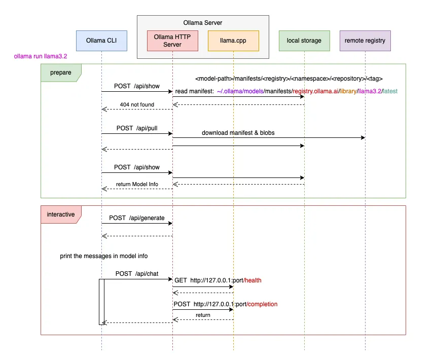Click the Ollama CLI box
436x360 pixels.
(101, 41)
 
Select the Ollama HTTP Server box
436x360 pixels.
(172, 41)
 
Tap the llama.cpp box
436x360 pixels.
(233, 41)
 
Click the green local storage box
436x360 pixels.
(304, 41)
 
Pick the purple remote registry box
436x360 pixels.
(365, 41)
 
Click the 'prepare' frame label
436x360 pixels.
(60, 73)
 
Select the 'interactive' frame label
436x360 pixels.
(61, 214)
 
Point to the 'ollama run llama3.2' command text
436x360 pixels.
(41, 57)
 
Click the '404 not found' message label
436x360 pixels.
(137, 104)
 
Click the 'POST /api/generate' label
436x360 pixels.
(137, 218)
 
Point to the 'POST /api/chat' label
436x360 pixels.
(137, 274)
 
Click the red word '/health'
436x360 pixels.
(252, 280)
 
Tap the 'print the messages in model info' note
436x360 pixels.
(104, 256)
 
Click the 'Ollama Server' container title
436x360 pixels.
(203, 23)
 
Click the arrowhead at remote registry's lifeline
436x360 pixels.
(362, 138)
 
